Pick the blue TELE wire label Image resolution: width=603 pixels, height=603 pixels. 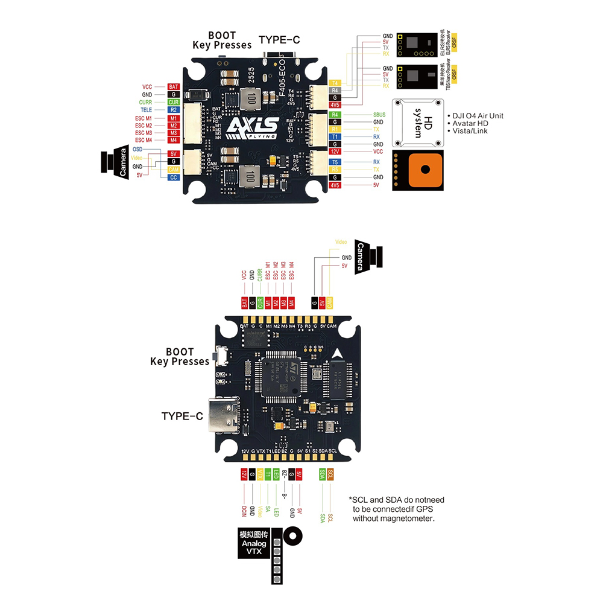(x=146, y=110)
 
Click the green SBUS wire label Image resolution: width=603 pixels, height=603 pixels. (x=379, y=114)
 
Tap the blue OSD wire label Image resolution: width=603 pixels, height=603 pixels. (x=137, y=148)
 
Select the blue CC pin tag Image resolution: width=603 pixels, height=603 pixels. (x=174, y=177)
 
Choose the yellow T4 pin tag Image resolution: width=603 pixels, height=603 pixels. (x=336, y=83)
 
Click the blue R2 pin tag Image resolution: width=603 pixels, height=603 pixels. (x=174, y=110)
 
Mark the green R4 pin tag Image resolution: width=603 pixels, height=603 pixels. (x=336, y=114)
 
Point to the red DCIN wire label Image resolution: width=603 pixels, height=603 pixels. (x=244, y=511)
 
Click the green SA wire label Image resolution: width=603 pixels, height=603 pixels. (x=268, y=510)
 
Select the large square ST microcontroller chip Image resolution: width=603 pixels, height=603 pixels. (x=283, y=380)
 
